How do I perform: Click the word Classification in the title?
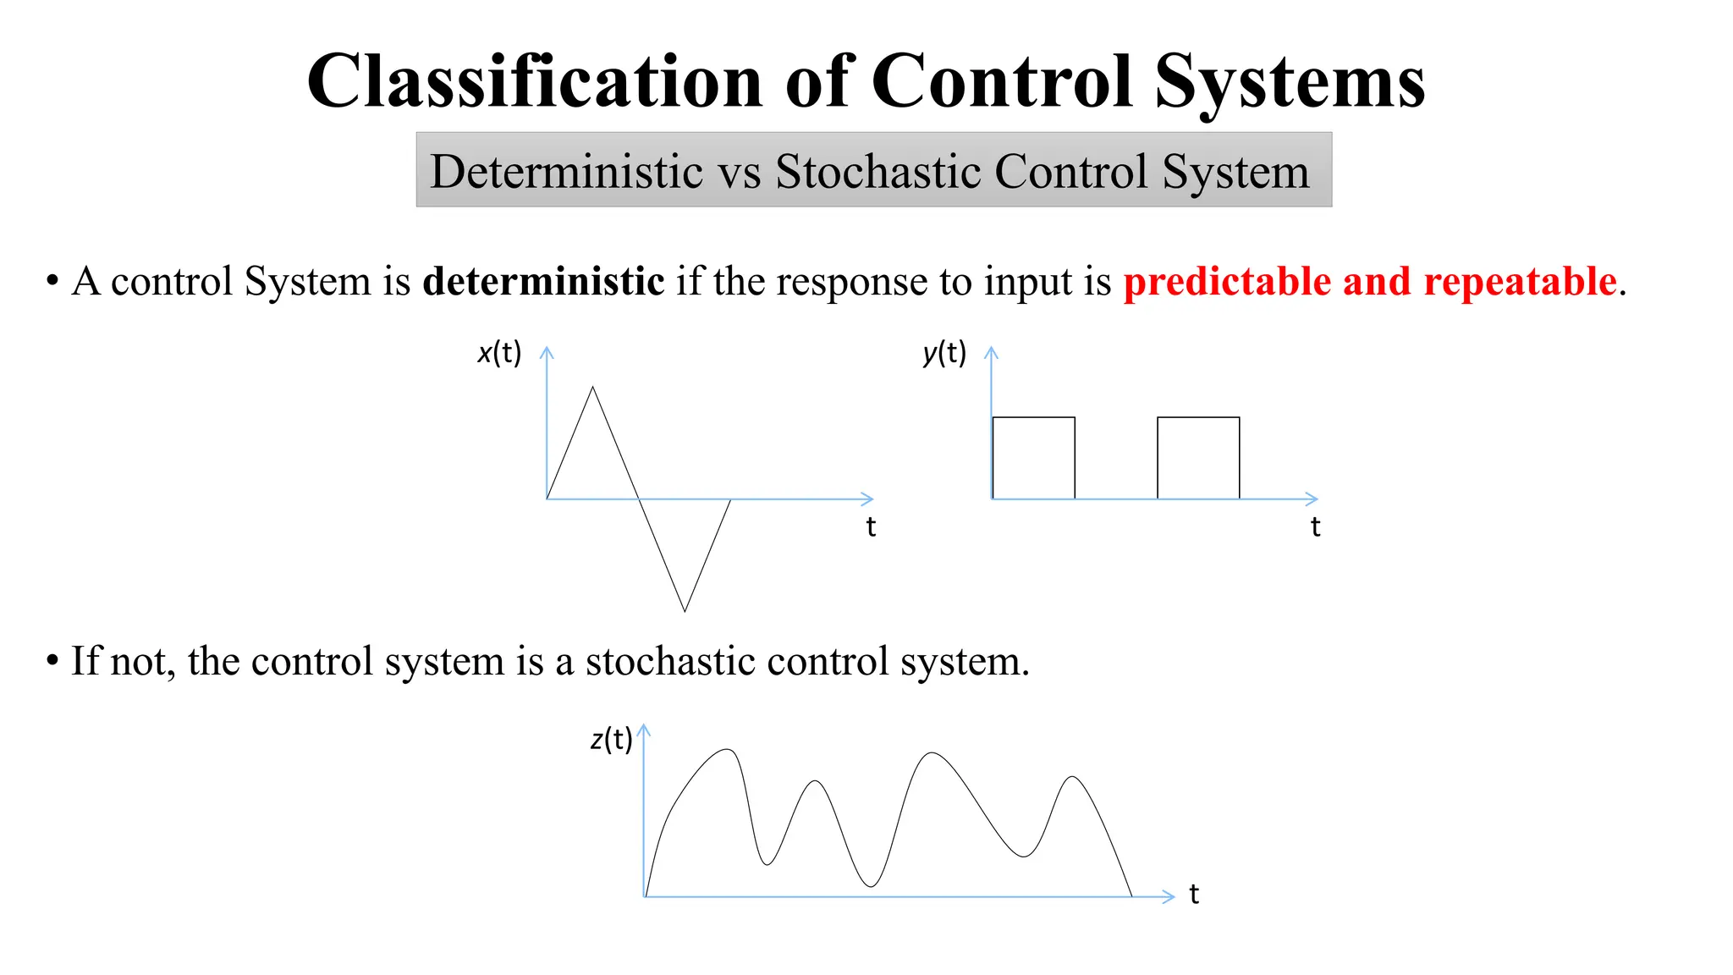click(535, 81)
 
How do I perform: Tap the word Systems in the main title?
click(1290, 81)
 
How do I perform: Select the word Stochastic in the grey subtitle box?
click(878, 171)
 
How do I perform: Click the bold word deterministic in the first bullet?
click(543, 281)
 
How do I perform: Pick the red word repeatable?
click(1520, 281)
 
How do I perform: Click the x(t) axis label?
click(499, 352)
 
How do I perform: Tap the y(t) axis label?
click(944, 352)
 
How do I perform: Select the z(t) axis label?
click(611, 739)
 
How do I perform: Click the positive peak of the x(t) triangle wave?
click(592, 388)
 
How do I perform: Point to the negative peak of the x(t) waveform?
click(685, 609)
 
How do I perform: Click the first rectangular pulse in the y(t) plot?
click(1033, 457)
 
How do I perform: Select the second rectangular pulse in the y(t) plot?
click(1198, 457)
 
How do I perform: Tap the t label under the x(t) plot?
click(871, 526)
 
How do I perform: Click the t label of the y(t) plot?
click(1315, 526)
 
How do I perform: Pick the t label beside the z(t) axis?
click(1194, 894)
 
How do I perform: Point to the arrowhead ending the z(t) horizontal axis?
click(1170, 896)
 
